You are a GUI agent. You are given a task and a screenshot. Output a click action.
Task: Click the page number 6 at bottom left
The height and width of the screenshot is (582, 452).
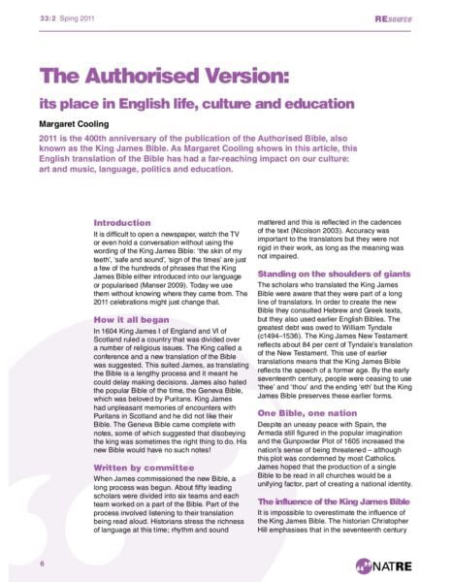coord(42,563)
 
